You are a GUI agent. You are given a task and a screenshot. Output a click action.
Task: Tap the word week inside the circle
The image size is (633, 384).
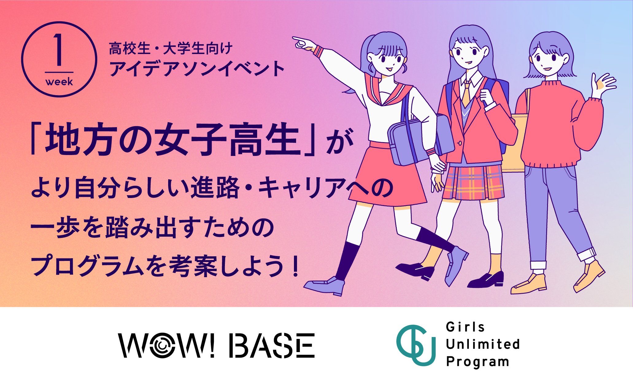coord(59,82)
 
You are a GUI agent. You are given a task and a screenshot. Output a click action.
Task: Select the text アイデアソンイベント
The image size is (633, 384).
coord(197,68)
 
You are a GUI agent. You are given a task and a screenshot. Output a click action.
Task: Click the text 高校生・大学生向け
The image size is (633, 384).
coord(171,49)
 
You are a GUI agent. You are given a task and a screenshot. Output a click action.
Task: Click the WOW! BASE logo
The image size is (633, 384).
coord(216,345)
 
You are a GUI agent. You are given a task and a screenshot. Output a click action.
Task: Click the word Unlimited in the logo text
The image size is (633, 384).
coord(483,344)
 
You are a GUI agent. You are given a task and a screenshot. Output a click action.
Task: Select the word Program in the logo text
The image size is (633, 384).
coord(477,362)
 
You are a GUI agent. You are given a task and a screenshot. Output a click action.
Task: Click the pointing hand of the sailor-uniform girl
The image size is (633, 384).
coord(304,43)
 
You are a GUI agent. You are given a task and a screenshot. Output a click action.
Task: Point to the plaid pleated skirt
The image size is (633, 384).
coord(474,182)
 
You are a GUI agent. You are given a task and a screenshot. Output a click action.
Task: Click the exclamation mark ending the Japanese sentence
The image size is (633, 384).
coord(295,266)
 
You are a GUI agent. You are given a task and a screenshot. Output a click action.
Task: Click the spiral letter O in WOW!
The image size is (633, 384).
coord(161,346)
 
